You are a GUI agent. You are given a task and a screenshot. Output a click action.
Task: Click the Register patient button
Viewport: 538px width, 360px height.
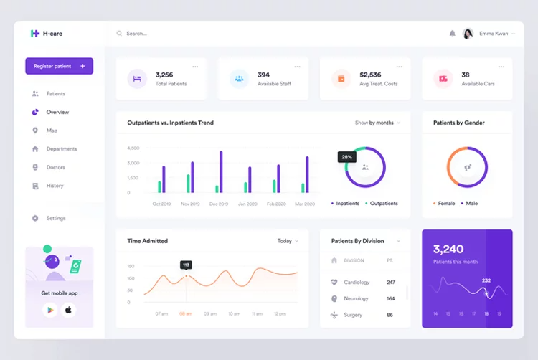coord(59,66)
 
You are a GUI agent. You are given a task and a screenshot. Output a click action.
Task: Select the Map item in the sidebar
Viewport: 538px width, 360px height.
coord(52,131)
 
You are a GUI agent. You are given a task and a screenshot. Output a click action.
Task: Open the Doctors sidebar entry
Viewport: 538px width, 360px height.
coord(55,167)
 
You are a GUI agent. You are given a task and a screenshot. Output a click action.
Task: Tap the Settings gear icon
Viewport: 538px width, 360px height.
coord(35,218)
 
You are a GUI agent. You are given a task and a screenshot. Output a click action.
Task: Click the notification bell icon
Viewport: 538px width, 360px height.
coord(452,34)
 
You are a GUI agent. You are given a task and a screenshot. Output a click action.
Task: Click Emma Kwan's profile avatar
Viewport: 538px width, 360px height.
coord(468,34)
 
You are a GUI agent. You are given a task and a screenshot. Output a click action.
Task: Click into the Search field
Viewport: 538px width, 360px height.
coord(179,34)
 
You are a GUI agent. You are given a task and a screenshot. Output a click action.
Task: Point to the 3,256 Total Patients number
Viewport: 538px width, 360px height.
coord(164,75)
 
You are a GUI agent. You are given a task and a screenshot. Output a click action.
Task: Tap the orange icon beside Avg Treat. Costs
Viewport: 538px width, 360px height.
coord(341,79)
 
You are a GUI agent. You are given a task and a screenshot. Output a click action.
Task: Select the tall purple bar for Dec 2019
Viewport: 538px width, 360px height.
coord(221,171)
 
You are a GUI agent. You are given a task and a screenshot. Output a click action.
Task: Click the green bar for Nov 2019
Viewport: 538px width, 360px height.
coord(189,183)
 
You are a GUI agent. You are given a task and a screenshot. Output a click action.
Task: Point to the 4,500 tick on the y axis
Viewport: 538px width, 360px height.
coord(133,148)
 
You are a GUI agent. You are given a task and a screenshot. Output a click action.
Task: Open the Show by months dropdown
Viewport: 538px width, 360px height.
coord(377,123)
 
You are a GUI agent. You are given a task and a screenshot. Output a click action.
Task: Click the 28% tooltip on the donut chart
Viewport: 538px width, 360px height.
coord(346,156)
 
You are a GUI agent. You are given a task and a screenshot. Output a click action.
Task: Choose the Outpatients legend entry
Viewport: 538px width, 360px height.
coord(383,203)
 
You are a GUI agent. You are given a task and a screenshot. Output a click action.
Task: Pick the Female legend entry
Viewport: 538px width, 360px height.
coord(445,203)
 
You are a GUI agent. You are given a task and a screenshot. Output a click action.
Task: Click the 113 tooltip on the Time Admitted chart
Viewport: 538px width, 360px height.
coord(186,265)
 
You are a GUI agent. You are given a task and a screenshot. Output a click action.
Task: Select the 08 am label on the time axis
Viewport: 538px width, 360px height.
coord(186,313)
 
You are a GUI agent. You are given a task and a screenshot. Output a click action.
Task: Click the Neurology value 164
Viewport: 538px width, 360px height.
coord(390,298)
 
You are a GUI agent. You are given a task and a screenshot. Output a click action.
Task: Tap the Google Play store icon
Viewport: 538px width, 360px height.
coord(49,310)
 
